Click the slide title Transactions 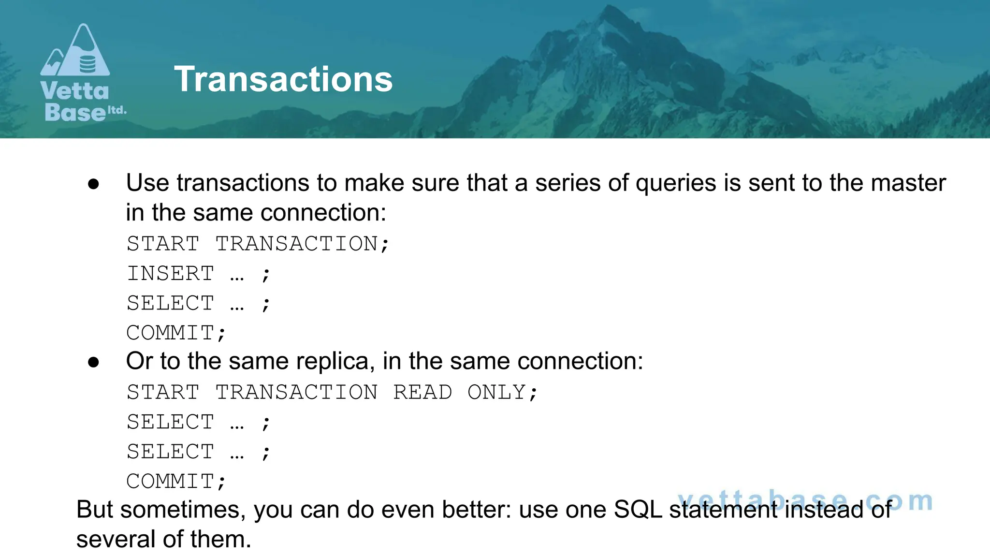(x=283, y=79)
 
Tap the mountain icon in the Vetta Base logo (x=75, y=52)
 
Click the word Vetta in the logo (x=75, y=91)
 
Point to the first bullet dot (x=94, y=184)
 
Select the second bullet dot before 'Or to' (x=94, y=362)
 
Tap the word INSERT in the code (x=170, y=274)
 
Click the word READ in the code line (x=422, y=392)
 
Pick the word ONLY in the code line (x=496, y=392)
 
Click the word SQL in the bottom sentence (x=638, y=510)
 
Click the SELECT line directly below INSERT (x=170, y=304)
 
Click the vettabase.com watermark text (x=804, y=501)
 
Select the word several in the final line (x=116, y=539)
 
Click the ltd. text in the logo (x=117, y=110)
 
